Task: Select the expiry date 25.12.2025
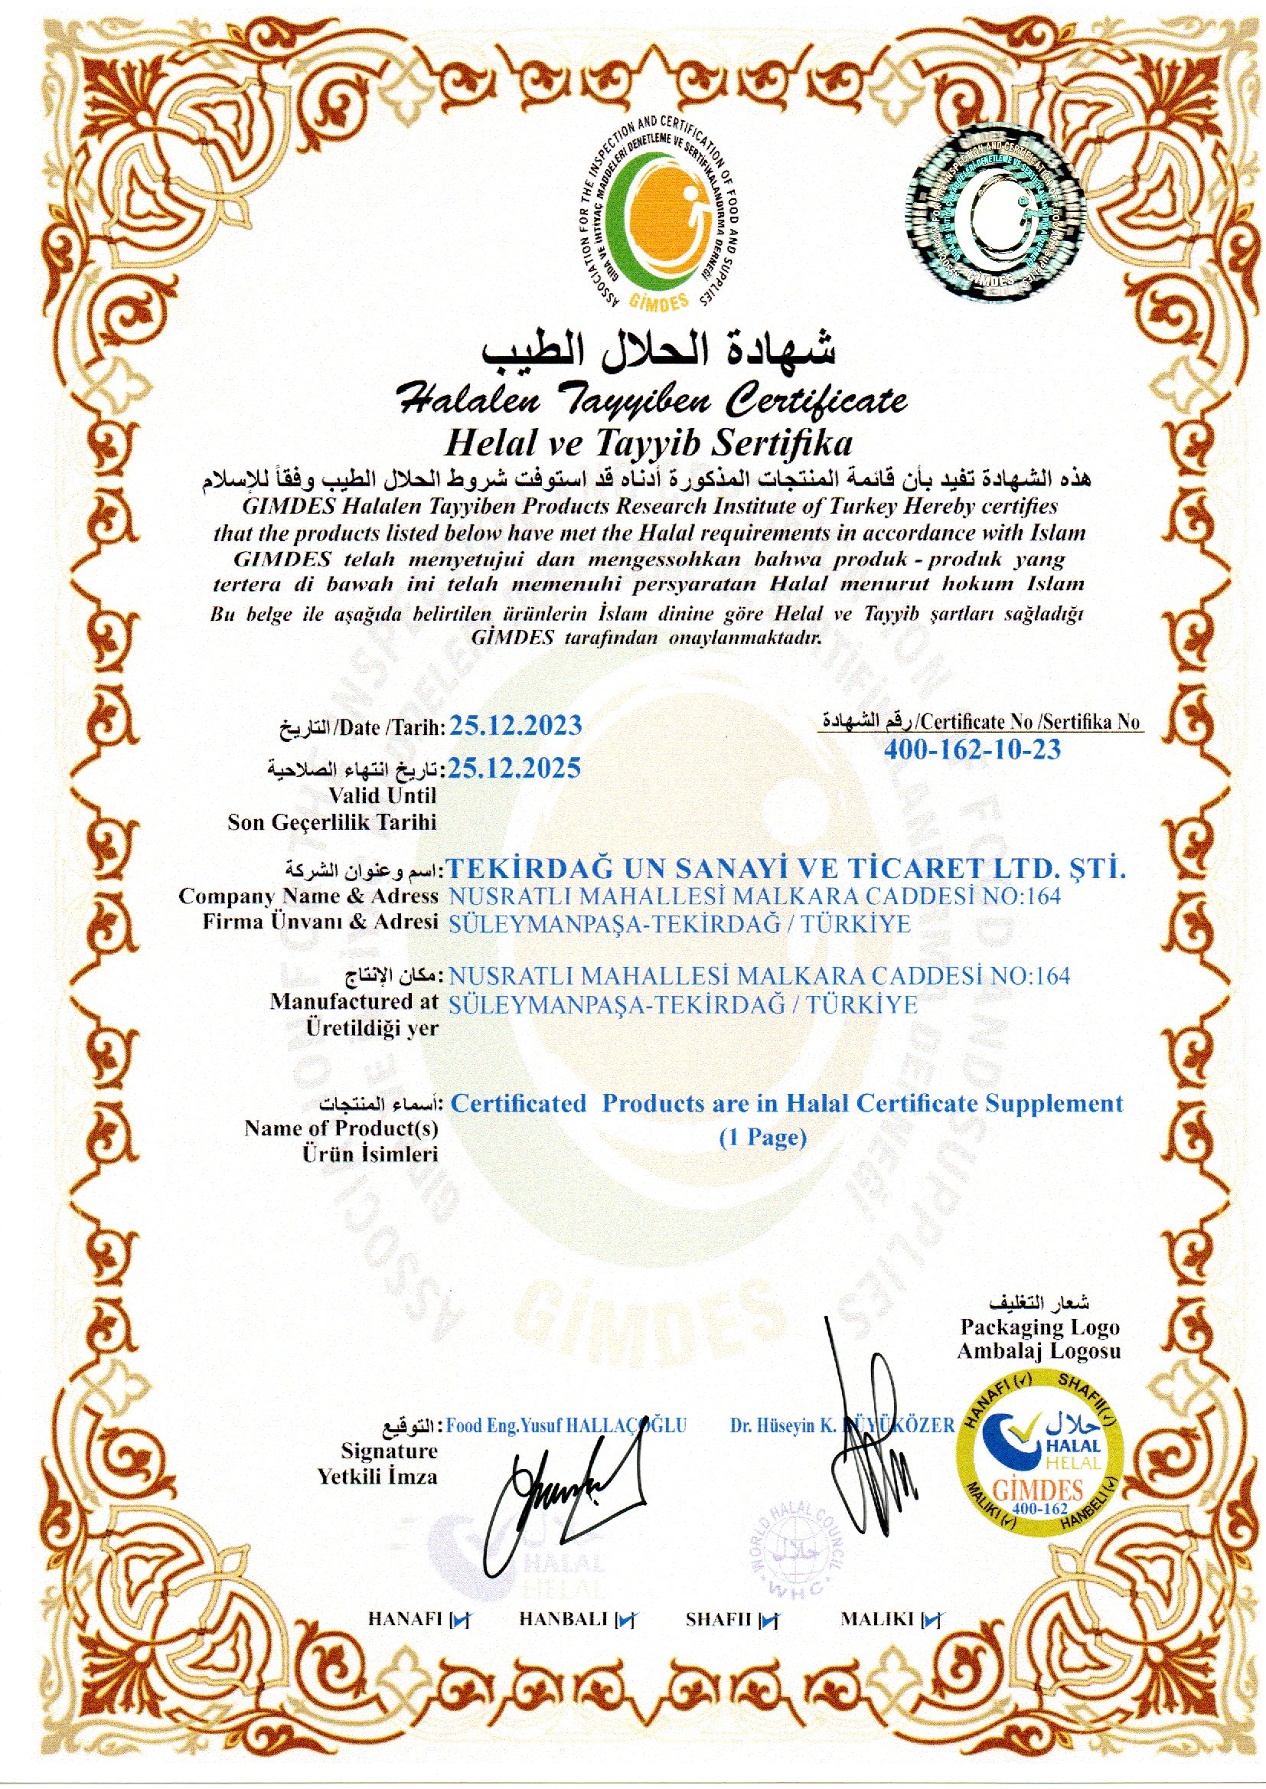point(515,768)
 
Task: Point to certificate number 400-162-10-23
point(972,749)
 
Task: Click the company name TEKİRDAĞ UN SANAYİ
point(788,867)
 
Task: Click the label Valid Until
point(382,796)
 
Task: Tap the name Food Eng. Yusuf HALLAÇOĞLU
point(566,1425)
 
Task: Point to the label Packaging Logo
point(1039,1327)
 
